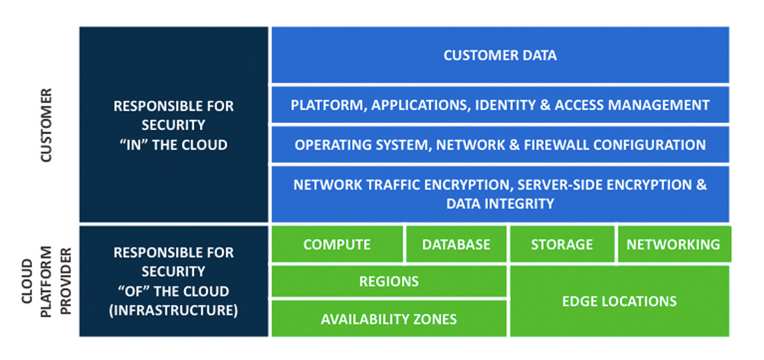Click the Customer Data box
[x=500, y=55]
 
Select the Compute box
[x=337, y=244]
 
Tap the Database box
[x=456, y=244]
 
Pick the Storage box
[x=562, y=244]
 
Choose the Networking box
[x=674, y=244]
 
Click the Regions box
[x=389, y=281]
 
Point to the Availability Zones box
[x=389, y=319]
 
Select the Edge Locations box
[x=620, y=301]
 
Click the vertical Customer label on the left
[x=45, y=125]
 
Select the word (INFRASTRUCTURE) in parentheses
[x=173, y=310]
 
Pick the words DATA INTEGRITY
[x=500, y=203]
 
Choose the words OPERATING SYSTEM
[x=351, y=144]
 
